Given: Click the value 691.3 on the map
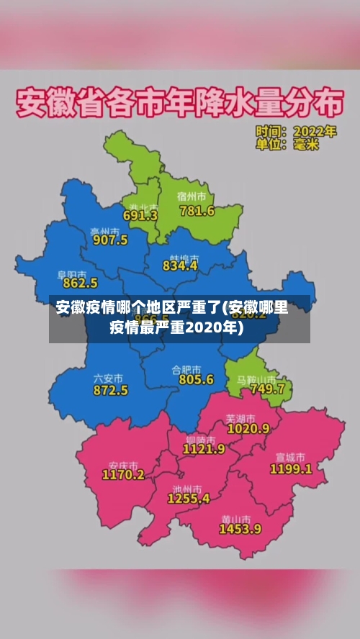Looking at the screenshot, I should [140, 214].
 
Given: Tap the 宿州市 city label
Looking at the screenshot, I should [192, 196].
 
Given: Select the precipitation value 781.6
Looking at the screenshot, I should [197, 211].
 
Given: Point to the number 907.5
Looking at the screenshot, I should [110, 240].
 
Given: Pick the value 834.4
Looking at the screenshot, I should [180, 266].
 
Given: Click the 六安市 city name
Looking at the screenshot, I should [108, 378].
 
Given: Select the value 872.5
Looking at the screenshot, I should [110, 390].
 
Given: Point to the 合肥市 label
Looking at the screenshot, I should [186, 368].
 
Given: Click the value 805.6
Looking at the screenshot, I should [196, 379].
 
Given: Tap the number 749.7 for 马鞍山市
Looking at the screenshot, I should [267, 389].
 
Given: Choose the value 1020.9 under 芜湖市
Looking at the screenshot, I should [248, 428].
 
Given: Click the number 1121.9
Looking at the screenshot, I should [204, 448].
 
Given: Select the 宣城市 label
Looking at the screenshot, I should [290, 457].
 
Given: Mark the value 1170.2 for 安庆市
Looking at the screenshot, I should [123, 474].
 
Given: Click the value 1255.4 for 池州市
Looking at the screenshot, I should [189, 497].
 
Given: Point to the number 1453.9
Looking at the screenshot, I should [240, 528].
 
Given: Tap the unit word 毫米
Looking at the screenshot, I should [306, 145].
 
